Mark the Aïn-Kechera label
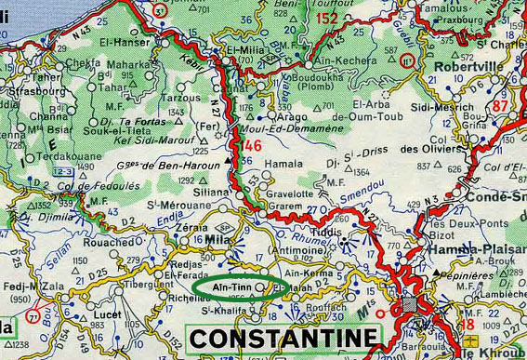(370, 60)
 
